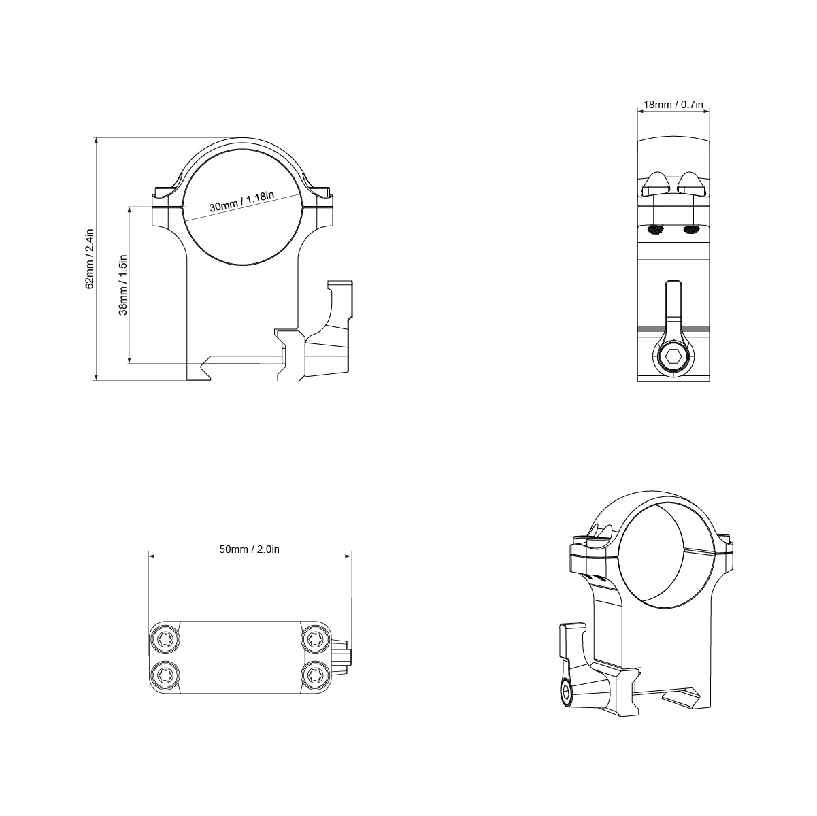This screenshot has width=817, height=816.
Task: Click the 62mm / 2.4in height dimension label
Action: tap(89, 259)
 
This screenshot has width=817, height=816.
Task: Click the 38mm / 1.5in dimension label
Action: tap(123, 285)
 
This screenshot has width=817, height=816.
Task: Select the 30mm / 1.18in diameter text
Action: tap(241, 202)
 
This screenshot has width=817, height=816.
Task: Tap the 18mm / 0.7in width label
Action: tap(672, 105)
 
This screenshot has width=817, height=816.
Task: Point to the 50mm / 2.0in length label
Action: tap(250, 549)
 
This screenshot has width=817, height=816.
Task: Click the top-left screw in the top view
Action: tap(166, 639)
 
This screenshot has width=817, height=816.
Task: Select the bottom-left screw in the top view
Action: tap(166, 675)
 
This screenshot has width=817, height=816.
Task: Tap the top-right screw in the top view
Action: tap(314, 639)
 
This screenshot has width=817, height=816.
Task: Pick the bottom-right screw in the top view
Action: tap(314, 675)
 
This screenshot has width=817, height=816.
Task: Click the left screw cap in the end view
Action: tap(656, 182)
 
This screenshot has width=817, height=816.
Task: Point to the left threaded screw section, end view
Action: tap(656, 230)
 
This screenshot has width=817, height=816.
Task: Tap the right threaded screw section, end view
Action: tap(690, 230)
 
